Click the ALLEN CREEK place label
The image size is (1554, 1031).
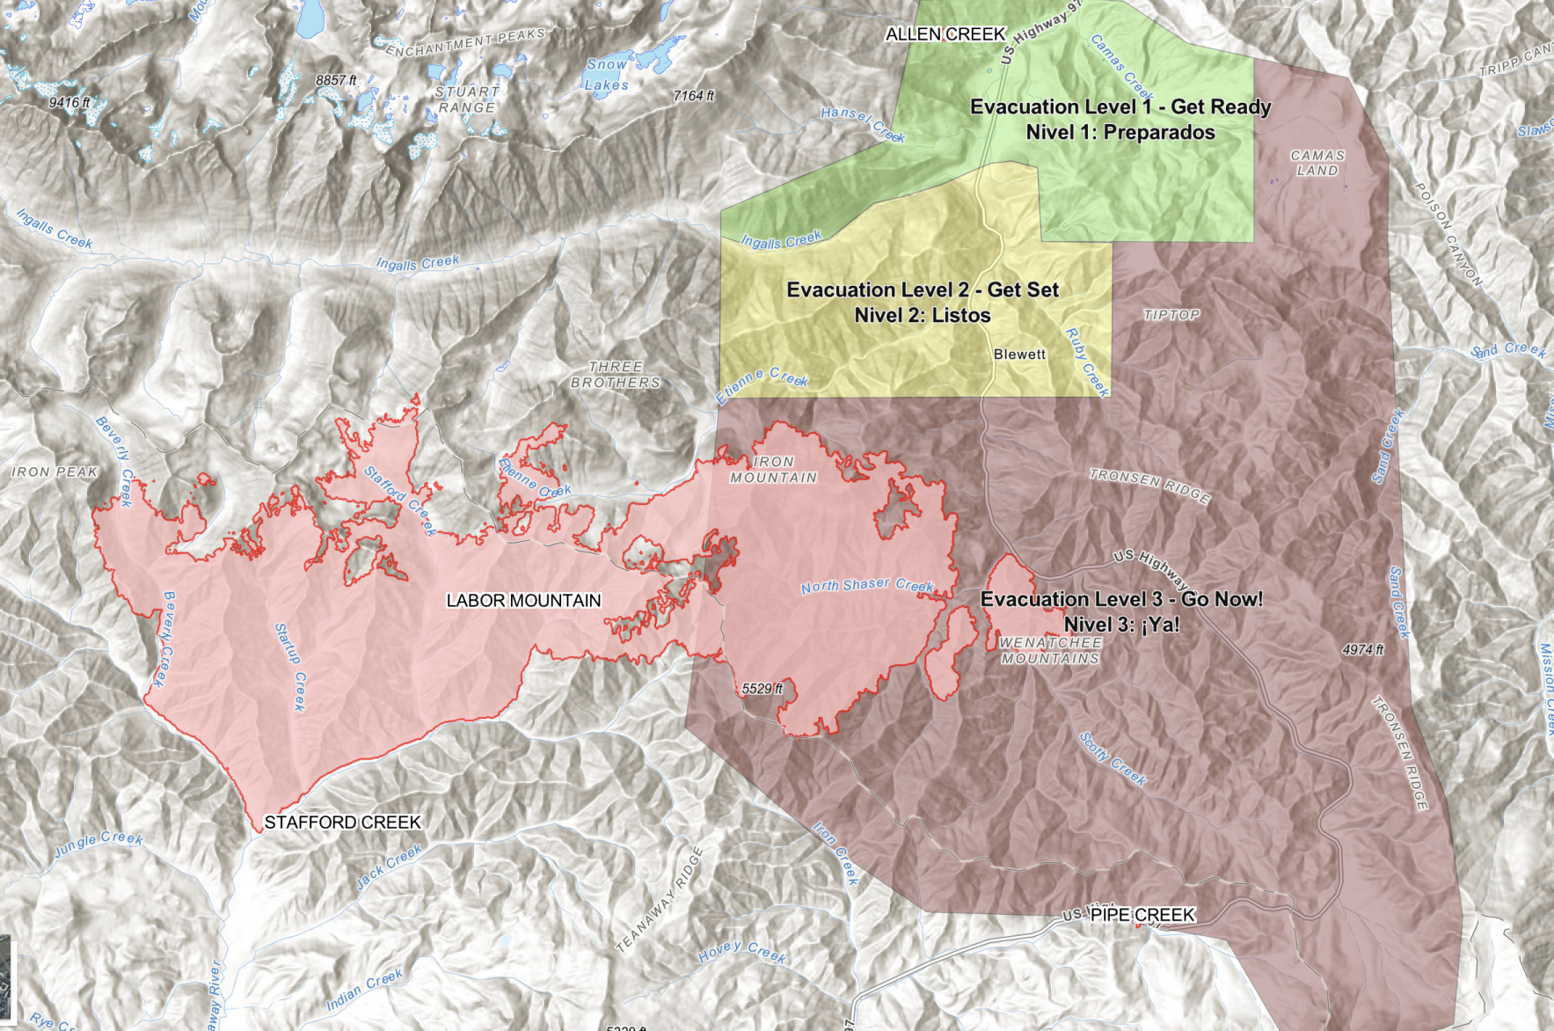coord(945,34)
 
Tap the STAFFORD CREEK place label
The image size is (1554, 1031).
coord(343,823)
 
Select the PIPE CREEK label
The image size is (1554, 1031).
coord(1142,915)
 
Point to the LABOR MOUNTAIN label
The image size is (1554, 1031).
coord(523,601)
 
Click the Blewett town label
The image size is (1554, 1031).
coord(1019,355)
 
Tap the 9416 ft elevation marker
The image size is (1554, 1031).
coord(69,103)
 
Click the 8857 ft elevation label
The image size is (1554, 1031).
coord(336,81)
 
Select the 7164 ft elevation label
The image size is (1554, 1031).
coord(693,96)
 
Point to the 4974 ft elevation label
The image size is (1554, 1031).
coord(1362,650)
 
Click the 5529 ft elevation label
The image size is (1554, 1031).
coord(762,689)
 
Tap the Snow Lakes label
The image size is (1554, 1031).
coord(607,75)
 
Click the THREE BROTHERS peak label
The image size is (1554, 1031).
coord(615,375)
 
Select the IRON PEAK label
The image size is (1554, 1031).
coord(55,472)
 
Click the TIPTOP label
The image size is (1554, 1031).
coord(1171,315)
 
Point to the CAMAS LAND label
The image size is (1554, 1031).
coord(1317,163)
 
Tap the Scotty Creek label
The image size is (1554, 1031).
coord(1113,759)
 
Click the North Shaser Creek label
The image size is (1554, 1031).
coord(866,586)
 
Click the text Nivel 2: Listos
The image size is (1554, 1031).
coord(923,316)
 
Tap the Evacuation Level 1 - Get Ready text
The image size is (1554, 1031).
coord(1120,107)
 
